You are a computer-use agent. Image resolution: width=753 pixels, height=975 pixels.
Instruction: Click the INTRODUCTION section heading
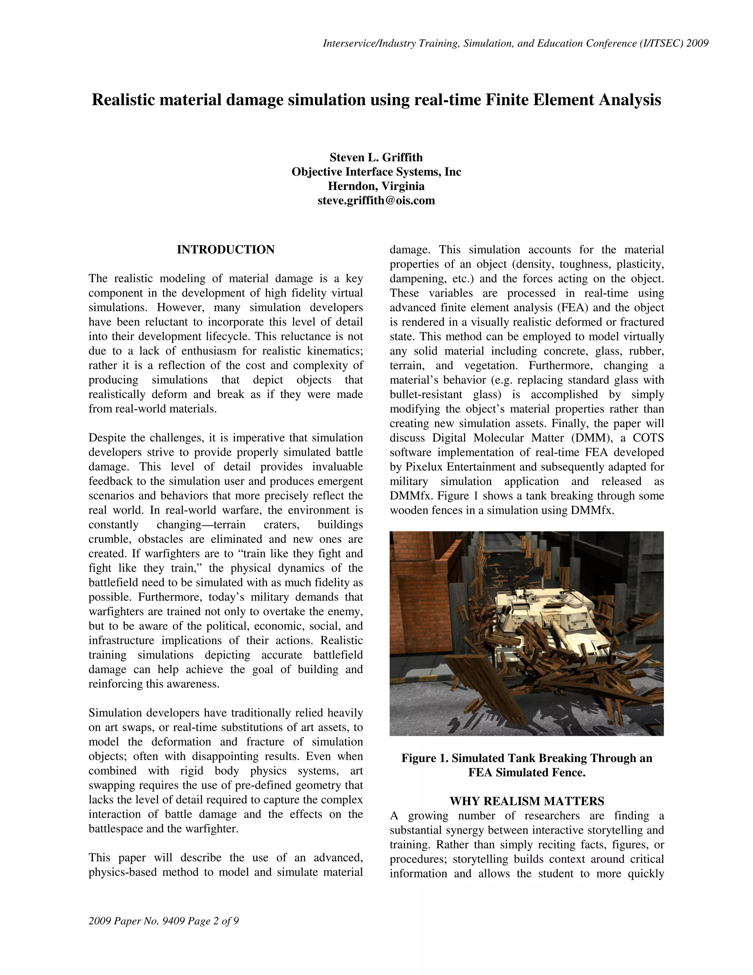pyautogui.click(x=225, y=249)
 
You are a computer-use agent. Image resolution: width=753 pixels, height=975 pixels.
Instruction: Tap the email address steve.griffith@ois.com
pyautogui.click(x=376, y=201)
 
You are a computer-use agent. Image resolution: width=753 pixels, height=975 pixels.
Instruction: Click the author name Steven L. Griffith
pyautogui.click(x=376, y=157)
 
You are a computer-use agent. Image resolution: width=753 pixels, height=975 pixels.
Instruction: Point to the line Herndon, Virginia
pyautogui.click(x=376, y=186)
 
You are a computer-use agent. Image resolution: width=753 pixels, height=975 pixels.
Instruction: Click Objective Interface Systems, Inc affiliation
pyautogui.click(x=376, y=172)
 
